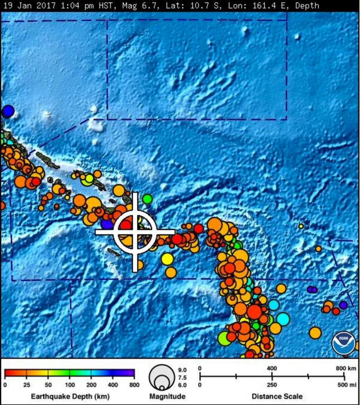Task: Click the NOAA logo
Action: click(x=343, y=343)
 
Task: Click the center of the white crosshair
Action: click(x=135, y=232)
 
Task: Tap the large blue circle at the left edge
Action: click(x=8, y=112)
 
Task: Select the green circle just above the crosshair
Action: click(x=147, y=199)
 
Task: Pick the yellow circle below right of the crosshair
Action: click(x=167, y=259)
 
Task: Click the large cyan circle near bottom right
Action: click(x=283, y=318)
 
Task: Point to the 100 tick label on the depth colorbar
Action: click(x=70, y=384)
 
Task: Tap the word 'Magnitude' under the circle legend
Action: click(x=167, y=396)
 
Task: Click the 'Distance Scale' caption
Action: click(x=277, y=396)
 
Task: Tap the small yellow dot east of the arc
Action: click(x=301, y=226)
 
